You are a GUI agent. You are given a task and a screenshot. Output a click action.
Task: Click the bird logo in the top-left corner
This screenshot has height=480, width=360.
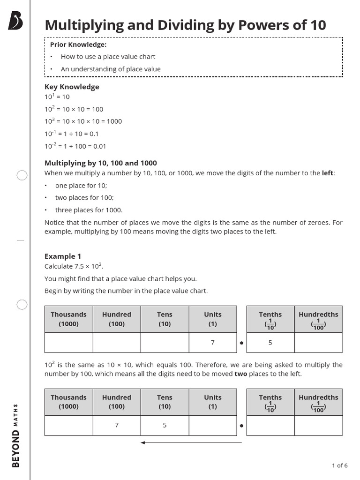15,21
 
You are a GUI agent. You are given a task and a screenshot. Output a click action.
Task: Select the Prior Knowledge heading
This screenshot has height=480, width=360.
78,45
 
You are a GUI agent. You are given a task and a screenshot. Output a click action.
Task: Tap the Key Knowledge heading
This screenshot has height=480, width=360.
72,87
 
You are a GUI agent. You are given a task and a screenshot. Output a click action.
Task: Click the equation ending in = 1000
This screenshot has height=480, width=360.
83,121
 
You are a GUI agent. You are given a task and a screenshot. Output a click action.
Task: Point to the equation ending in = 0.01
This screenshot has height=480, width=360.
75,146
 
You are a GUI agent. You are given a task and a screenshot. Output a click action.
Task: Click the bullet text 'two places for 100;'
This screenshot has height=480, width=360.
84,198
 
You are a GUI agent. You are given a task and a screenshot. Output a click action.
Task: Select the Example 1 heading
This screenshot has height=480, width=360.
63,256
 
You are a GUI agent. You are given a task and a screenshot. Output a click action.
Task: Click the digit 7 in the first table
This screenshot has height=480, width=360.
212,343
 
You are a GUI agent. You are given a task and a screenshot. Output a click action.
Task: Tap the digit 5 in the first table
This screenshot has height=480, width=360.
270,343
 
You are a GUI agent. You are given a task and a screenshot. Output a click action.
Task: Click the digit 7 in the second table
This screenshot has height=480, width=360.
116,425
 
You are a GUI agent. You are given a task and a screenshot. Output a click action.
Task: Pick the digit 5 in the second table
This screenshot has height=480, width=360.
165,425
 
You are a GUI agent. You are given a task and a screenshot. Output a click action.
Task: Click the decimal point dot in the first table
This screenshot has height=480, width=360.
241,343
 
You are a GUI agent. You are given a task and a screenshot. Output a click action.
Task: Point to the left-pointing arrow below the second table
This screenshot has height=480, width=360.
191,442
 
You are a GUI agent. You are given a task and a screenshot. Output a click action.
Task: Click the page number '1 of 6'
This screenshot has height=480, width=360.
339,465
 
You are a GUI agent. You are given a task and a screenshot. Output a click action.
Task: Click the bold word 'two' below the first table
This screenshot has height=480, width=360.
240,374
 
